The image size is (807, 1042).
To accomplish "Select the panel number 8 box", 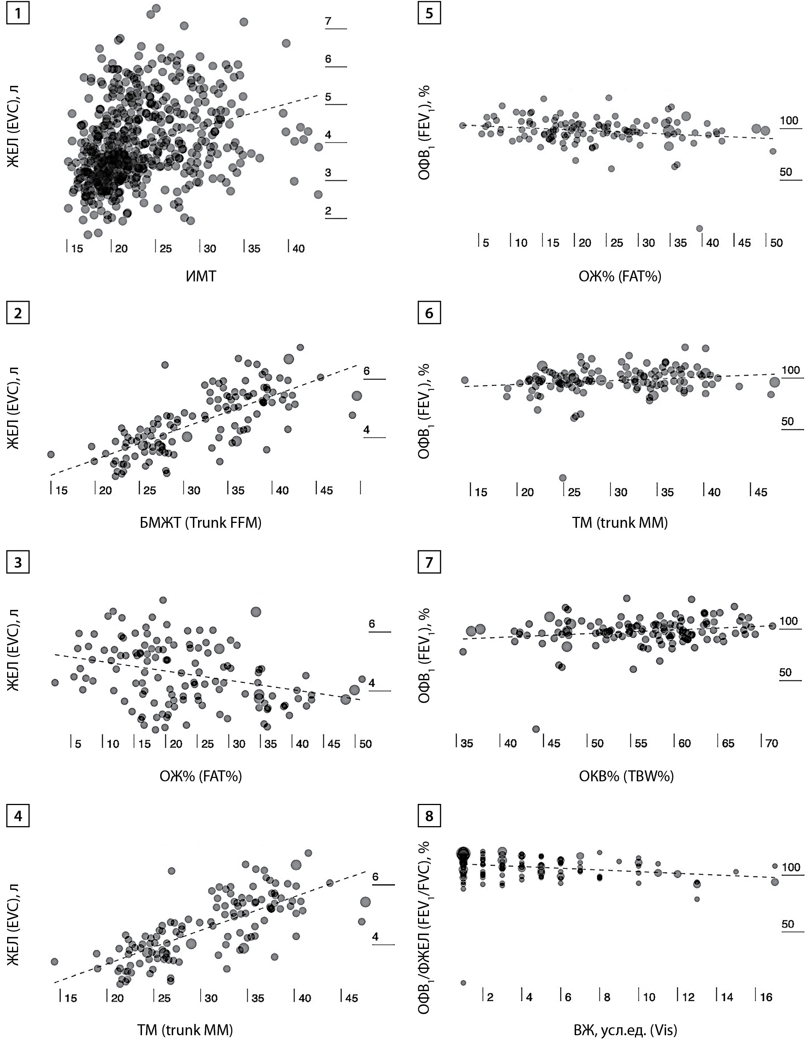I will (x=429, y=816).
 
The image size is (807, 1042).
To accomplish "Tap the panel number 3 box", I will (x=18, y=562).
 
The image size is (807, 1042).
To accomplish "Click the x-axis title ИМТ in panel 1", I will (x=201, y=276).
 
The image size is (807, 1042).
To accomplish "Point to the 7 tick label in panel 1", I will (x=328, y=21).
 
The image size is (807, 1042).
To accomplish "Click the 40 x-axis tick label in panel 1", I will (x=299, y=249).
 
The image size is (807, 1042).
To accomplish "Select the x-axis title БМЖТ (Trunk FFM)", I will (x=201, y=523).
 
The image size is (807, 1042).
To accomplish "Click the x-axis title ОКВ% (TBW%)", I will (x=626, y=776).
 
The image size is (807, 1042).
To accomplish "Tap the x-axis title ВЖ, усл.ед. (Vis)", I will (x=625, y=1031).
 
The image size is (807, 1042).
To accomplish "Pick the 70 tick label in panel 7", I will (x=771, y=743).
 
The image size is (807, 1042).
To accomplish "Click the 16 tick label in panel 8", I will (x=766, y=997).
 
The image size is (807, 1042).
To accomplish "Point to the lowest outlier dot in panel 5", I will (x=699, y=229).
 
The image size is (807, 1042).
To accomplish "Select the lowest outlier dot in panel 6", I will (x=563, y=478).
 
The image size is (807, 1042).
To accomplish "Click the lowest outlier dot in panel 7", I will (x=535, y=729).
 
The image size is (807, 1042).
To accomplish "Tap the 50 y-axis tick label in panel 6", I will (x=787, y=421).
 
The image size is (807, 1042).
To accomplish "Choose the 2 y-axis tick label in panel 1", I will (x=328, y=211).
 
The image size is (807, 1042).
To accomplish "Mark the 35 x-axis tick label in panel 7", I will (x=467, y=743).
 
